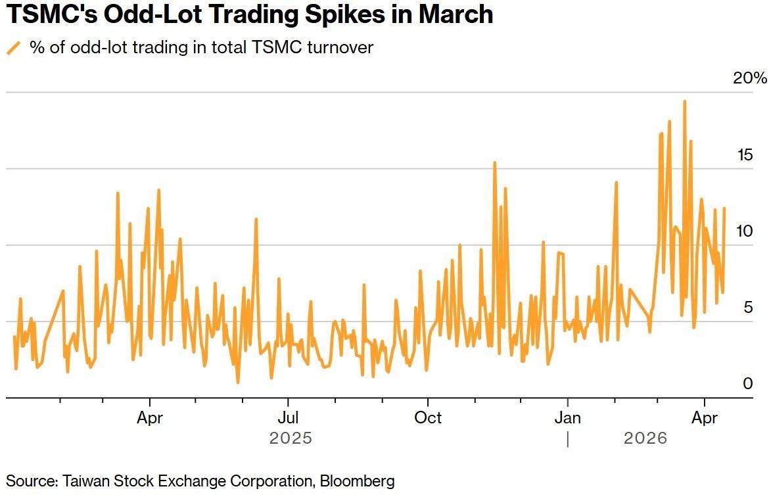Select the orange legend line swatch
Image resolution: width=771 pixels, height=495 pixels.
click(x=13, y=47)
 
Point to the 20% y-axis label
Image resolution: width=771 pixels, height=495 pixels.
click(x=750, y=78)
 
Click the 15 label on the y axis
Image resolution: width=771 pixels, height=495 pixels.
click(x=745, y=155)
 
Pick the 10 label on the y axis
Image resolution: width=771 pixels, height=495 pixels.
click(x=745, y=231)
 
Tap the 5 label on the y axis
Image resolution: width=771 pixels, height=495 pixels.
click(x=748, y=308)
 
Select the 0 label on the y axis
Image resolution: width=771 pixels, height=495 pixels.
click(x=748, y=384)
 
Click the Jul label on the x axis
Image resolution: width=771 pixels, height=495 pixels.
click(x=287, y=418)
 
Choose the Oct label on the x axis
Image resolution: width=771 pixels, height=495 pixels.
click(x=428, y=418)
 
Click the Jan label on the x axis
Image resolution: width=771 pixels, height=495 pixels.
click(x=567, y=418)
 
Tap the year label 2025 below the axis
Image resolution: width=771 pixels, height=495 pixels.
click(x=291, y=438)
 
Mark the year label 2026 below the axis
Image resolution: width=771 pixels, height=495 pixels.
click(x=645, y=438)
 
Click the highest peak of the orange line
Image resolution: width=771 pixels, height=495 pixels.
click(x=684, y=102)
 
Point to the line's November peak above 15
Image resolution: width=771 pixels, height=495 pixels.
click(x=494, y=162)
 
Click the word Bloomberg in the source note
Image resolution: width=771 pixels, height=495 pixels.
click(x=358, y=481)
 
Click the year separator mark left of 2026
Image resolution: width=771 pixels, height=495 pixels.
click(x=568, y=439)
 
